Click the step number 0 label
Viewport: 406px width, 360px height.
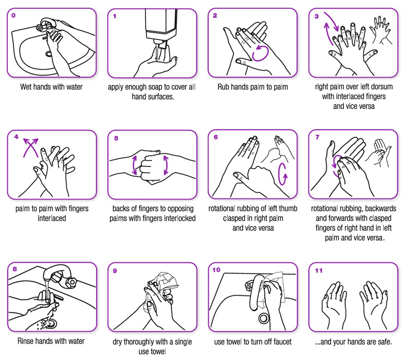tap(13, 16)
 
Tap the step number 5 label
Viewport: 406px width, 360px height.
tap(116, 138)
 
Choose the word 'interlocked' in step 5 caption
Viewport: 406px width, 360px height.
tap(176, 218)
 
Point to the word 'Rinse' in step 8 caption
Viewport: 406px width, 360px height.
tap(27, 340)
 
